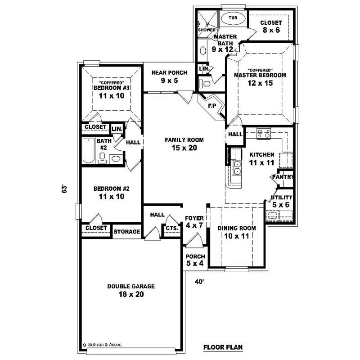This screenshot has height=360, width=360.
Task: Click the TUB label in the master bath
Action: pyautogui.click(x=232, y=18)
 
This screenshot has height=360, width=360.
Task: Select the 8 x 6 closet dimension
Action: pyautogui.click(x=271, y=31)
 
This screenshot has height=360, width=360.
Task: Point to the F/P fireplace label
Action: pyautogui.click(x=212, y=106)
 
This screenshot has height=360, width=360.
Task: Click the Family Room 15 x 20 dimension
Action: pyautogui.click(x=184, y=148)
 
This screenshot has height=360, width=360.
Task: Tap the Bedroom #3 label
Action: pyautogui.click(x=112, y=88)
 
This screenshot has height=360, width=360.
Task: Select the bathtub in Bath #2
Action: pyautogui.click(x=88, y=151)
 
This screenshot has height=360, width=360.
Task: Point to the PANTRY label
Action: pyautogui.click(x=282, y=177)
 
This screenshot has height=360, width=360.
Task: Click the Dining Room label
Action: pyautogui.click(x=237, y=228)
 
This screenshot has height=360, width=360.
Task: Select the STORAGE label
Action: pyautogui.click(x=127, y=232)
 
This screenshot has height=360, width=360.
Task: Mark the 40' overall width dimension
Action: pyautogui.click(x=199, y=282)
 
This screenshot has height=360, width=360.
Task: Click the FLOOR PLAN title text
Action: pyautogui.click(x=223, y=347)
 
